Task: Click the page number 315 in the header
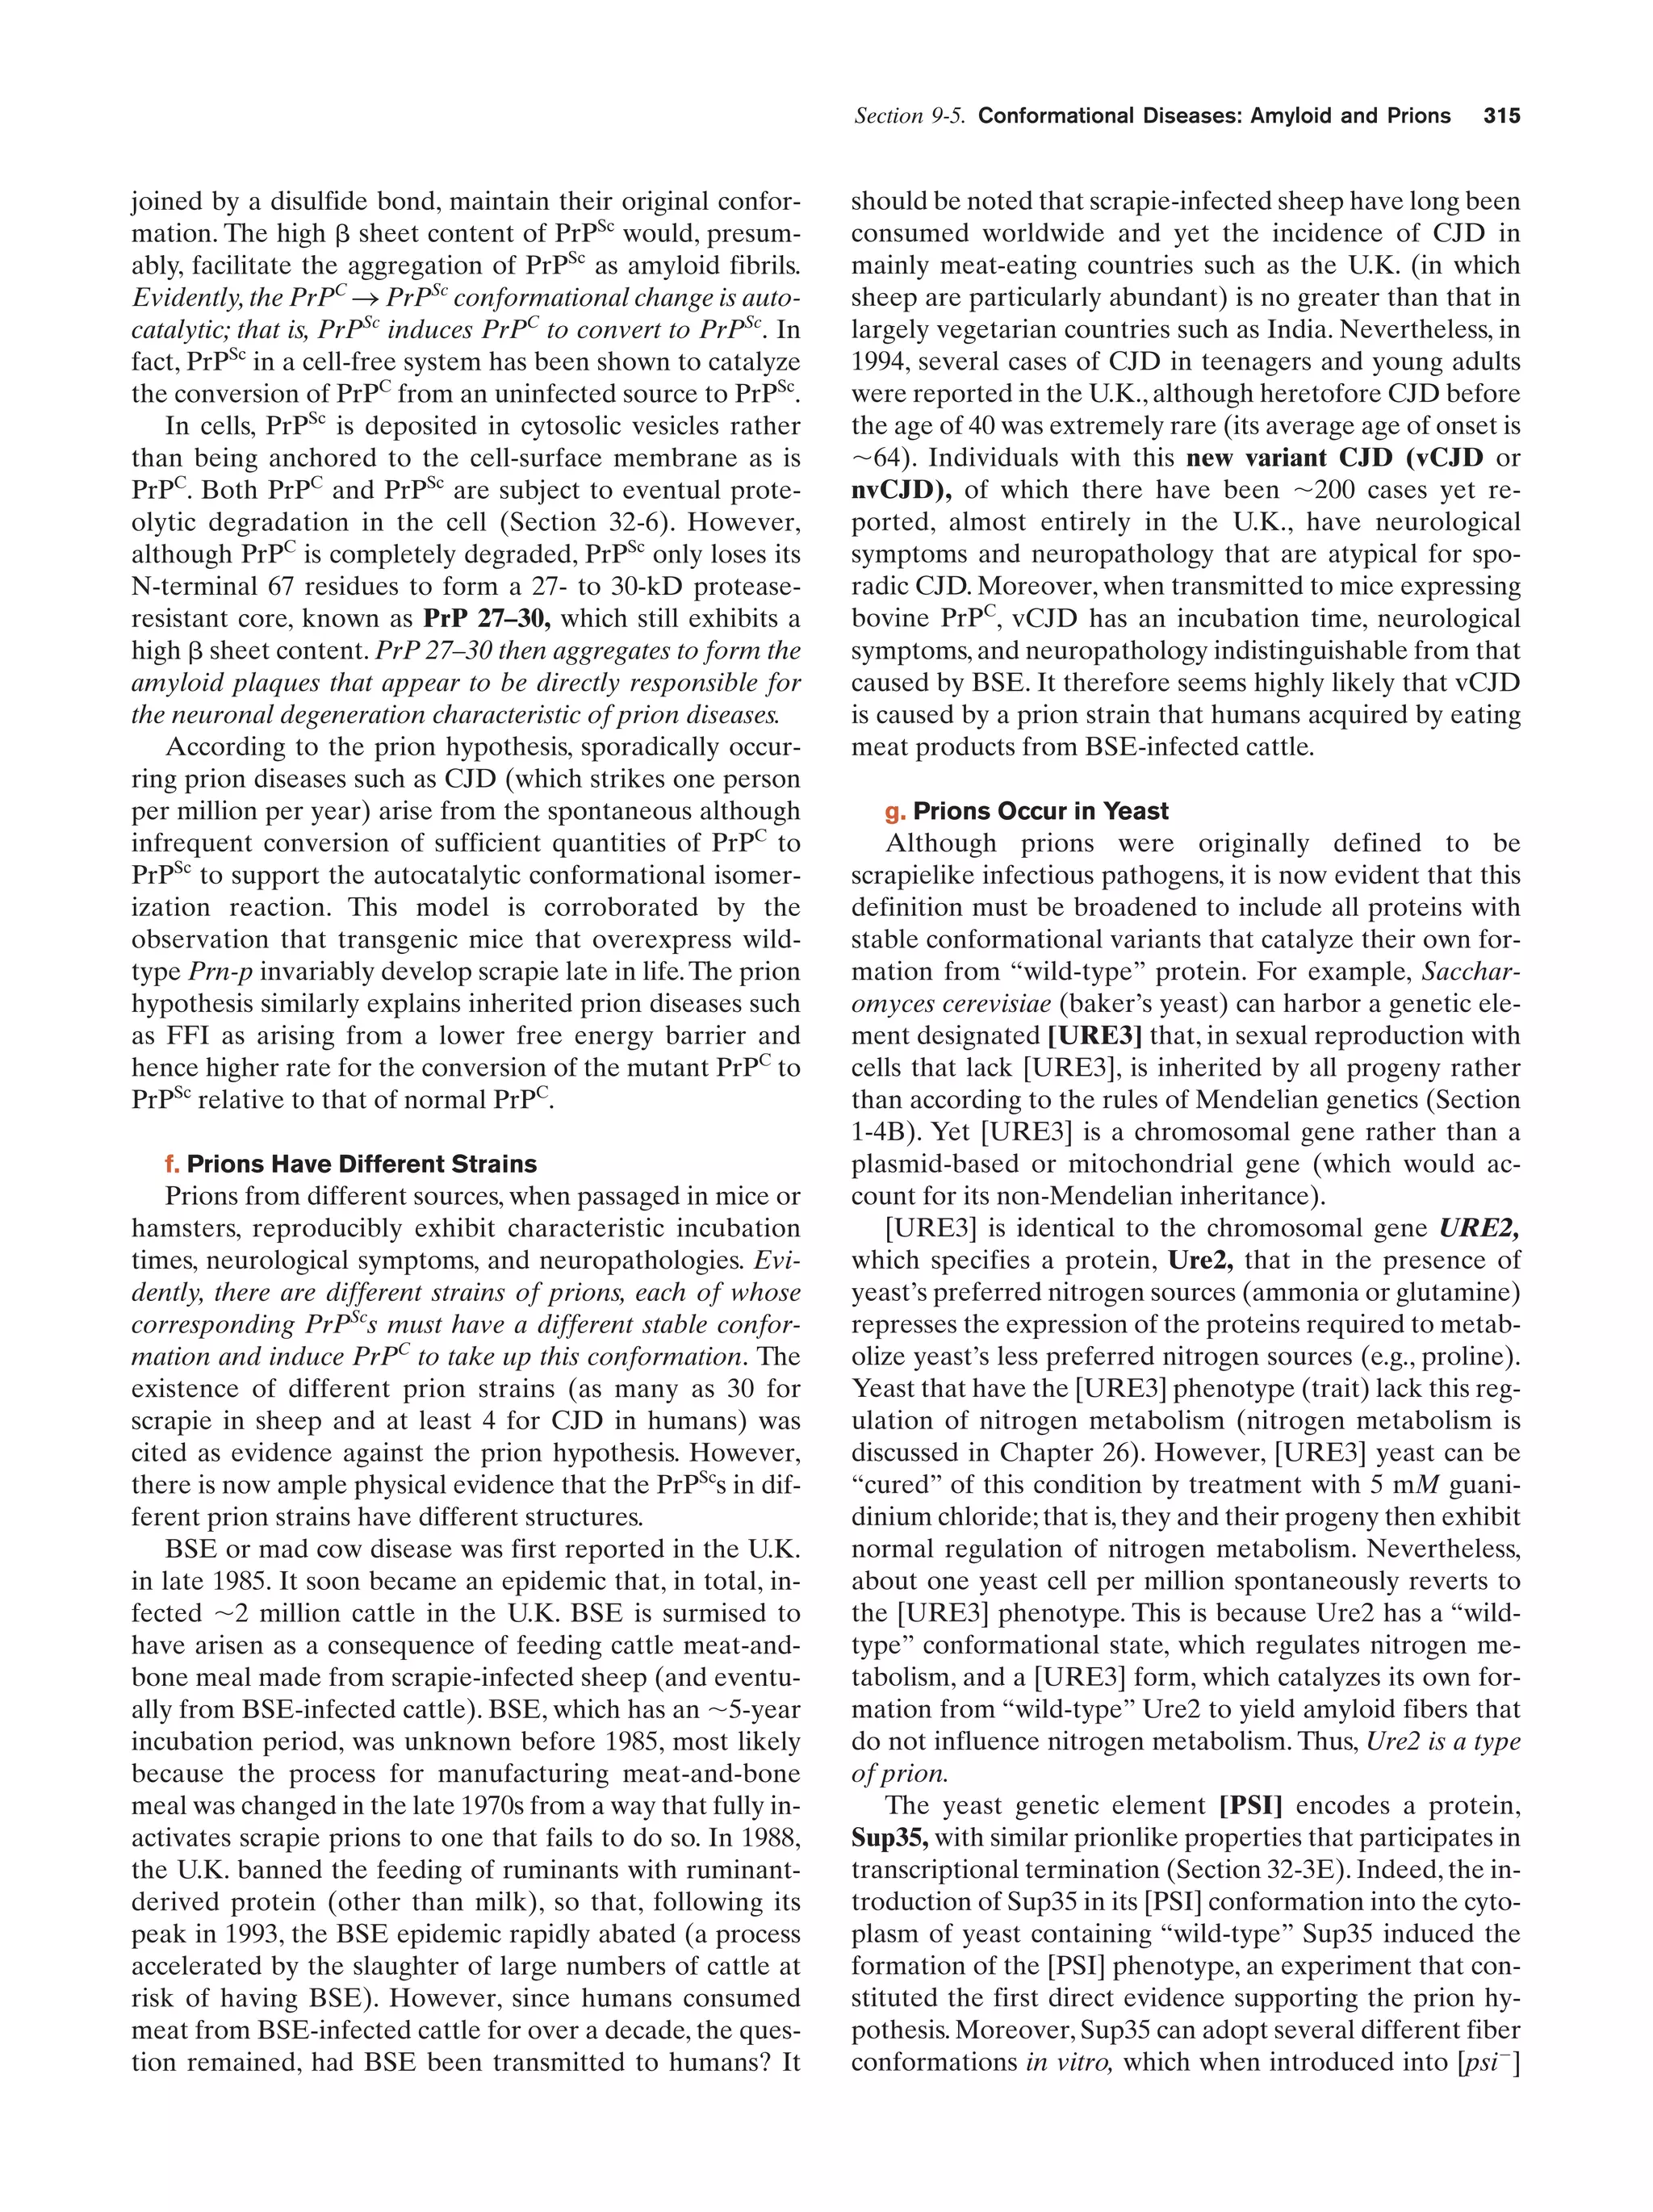[x=1500, y=116]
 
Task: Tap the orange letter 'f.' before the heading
[x=173, y=1164]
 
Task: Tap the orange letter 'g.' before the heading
[x=895, y=811]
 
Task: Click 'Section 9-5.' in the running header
[x=909, y=116]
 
